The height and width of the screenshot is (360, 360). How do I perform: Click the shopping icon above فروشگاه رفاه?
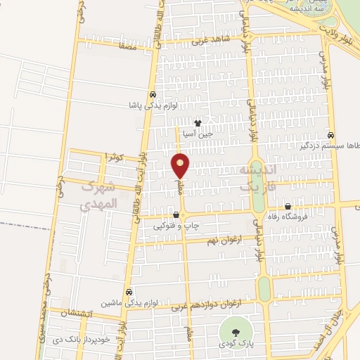tap(288, 206)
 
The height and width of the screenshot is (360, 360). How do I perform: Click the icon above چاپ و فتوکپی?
tap(176, 215)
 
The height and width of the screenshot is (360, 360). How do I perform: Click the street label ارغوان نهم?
tap(223, 241)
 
